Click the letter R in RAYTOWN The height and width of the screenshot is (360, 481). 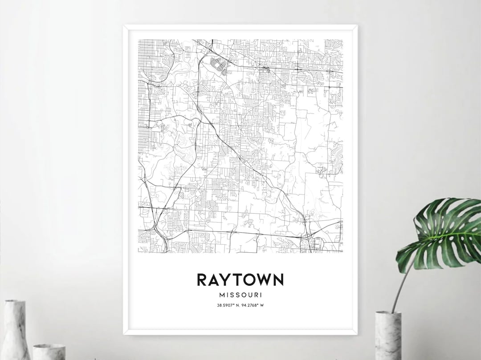click(202, 280)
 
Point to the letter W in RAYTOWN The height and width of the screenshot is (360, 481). click(264, 280)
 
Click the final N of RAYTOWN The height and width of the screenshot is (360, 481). click(278, 280)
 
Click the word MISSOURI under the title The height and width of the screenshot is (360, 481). click(240, 295)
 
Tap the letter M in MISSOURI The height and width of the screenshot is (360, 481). click(222, 295)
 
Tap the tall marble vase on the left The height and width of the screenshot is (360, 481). click(15, 329)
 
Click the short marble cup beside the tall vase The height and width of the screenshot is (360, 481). click(49, 352)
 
